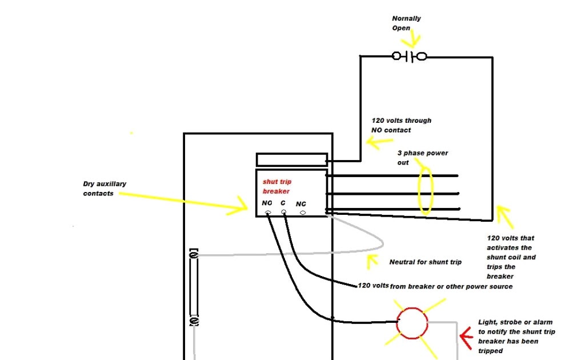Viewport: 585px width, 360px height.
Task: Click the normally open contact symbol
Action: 409,57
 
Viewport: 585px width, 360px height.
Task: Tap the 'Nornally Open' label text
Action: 406,23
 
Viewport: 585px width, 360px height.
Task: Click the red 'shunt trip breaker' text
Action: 276,186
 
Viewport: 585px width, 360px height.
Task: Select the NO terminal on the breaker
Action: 267,213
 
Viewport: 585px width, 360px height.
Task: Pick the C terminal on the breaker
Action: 283,212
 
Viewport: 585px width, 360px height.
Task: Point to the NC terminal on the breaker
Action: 302,213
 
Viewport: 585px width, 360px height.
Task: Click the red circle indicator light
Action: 412,323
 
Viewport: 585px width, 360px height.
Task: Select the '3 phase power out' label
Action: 423,158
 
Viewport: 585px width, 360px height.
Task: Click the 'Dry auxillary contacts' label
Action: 105,189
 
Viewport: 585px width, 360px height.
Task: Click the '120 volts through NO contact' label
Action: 401,125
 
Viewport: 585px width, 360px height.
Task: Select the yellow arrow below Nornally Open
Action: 412,40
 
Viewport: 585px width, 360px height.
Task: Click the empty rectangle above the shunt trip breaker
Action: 291,159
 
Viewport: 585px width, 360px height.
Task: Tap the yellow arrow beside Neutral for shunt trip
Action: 372,262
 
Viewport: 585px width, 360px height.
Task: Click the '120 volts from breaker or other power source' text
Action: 435,286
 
